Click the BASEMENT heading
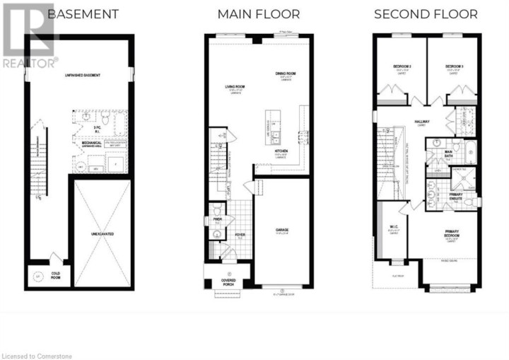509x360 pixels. point(83,14)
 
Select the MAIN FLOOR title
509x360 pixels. point(258,14)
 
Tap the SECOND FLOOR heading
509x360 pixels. point(426,14)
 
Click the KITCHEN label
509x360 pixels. point(281,151)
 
